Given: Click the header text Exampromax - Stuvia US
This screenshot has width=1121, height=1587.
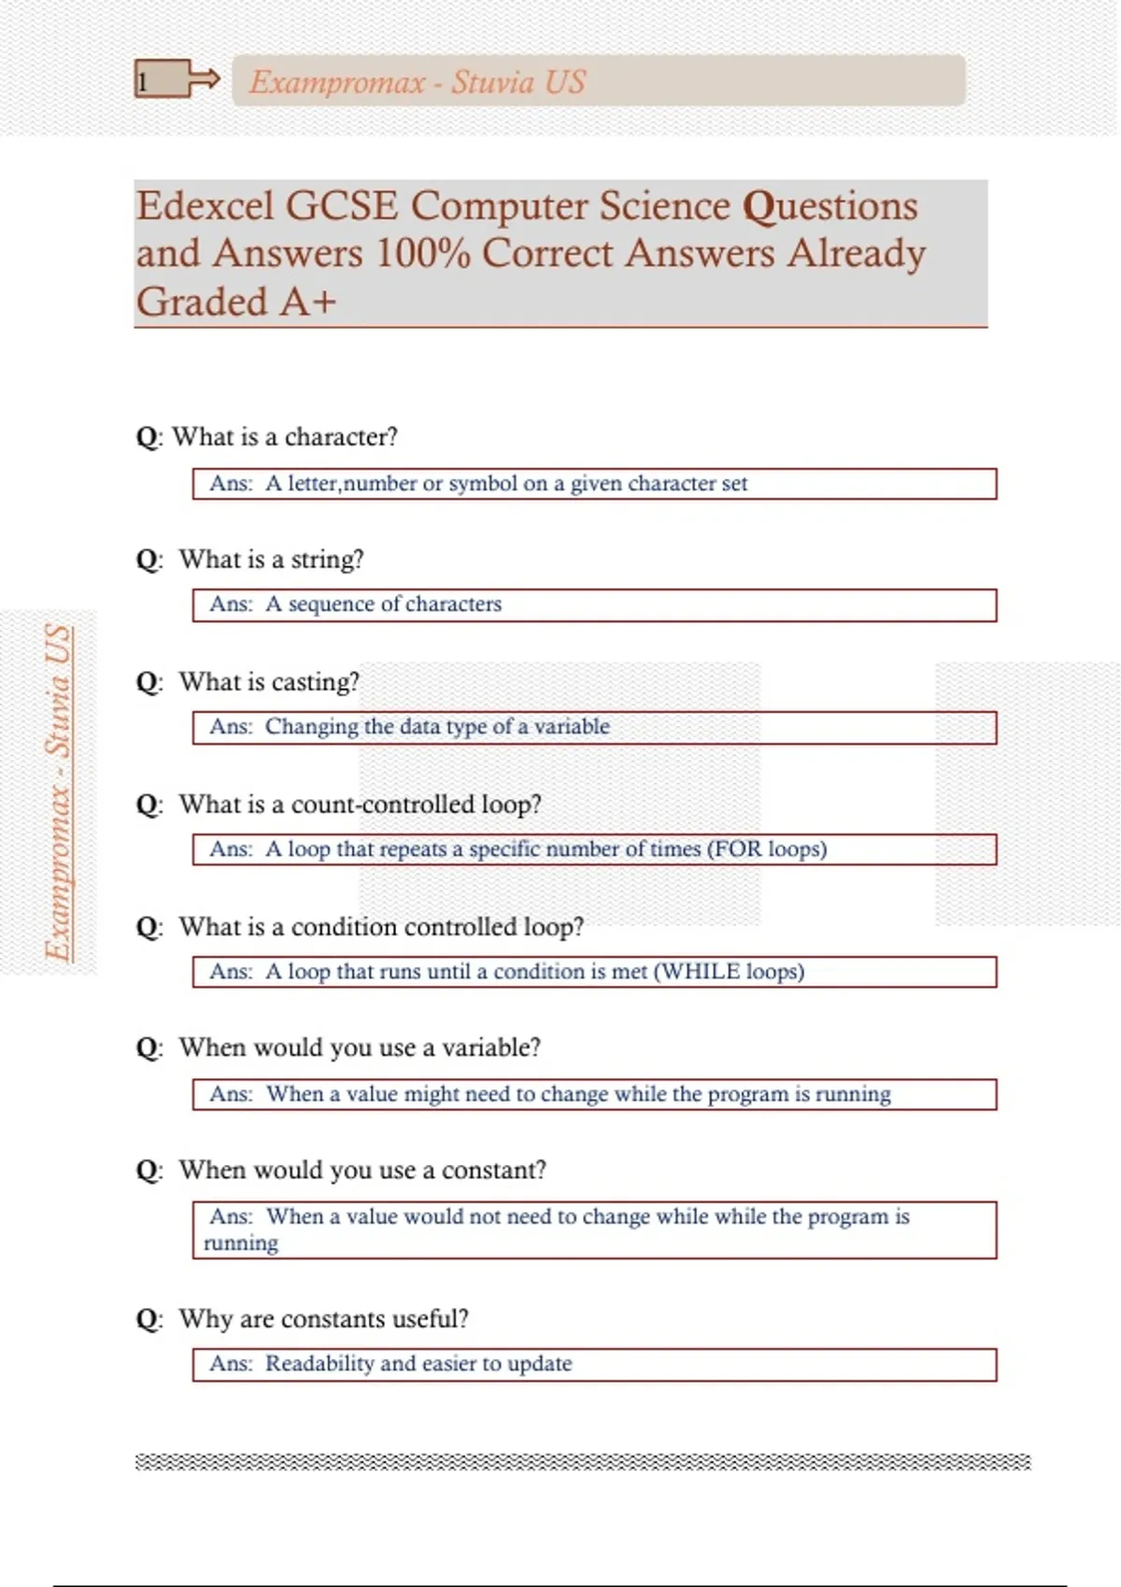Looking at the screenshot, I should (417, 82).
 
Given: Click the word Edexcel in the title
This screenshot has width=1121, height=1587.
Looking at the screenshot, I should (206, 206).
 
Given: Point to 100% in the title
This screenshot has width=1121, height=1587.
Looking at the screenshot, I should (422, 254).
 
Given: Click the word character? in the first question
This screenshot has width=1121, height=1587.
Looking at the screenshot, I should (341, 437).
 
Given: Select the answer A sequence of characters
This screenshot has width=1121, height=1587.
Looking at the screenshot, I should (383, 604).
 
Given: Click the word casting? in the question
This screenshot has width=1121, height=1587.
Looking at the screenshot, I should (315, 681).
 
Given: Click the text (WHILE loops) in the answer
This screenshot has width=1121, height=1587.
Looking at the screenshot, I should (729, 971).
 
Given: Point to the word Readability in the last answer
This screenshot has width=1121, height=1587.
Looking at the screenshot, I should (319, 1363).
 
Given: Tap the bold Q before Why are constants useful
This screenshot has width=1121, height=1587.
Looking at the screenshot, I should (147, 1319).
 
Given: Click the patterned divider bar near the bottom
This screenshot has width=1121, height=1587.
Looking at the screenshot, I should (583, 1462).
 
